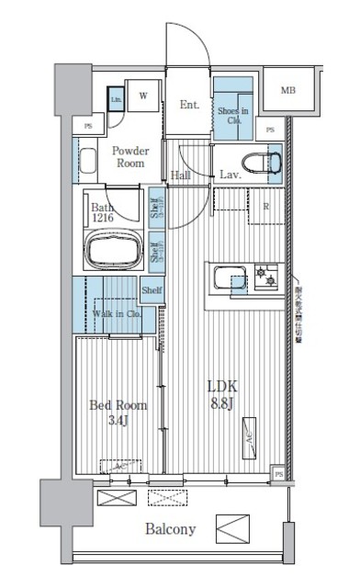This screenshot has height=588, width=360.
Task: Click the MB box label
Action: tap(288, 90)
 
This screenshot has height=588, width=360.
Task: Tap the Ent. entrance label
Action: tap(190, 105)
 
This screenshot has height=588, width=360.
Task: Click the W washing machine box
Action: tap(144, 96)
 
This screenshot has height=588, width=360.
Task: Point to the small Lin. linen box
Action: tap(117, 100)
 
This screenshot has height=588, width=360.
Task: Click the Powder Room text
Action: tap(132, 156)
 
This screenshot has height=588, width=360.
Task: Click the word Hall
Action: tap(182, 175)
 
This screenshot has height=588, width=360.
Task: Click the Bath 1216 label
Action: tap(104, 212)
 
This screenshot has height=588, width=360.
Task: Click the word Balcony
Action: tap(170, 530)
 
